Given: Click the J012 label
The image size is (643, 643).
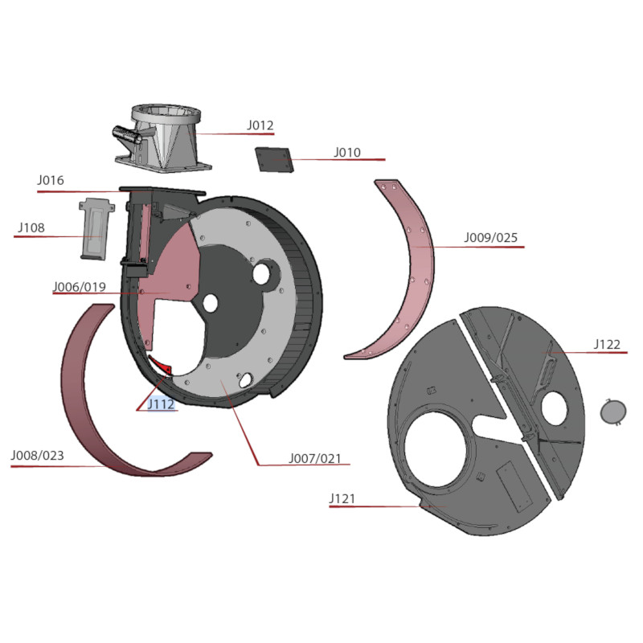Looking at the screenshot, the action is click(x=260, y=125).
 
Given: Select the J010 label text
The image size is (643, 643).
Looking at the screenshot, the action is click(x=347, y=152).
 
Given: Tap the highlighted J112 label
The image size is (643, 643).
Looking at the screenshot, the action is click(x=162, y=404).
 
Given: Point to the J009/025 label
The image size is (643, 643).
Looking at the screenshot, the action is click(x=491, y=237).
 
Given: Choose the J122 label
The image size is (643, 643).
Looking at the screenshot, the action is click(x=608, y=344).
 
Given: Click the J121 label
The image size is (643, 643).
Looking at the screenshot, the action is click(x=342, y=498).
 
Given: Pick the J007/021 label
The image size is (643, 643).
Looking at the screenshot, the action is click(x=315, y=458).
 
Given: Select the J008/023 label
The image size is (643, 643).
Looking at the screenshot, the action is click(x=37, y=455).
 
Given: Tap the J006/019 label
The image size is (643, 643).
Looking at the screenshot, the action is click(x=80, y=287).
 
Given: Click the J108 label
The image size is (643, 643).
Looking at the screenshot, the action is click(x=31, y=227).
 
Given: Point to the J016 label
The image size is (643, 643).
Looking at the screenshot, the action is click(x=51, y=180).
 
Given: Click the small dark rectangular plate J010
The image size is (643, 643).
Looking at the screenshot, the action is click(x=274, y=160).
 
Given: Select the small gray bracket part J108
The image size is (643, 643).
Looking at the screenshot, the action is click(x=96, y=229).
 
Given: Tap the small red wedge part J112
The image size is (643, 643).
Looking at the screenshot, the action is click(x=161, y=365).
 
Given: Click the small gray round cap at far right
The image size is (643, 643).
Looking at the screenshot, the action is click(x=613, y=412).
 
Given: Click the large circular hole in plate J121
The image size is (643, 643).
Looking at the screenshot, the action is click(x=435, y=449).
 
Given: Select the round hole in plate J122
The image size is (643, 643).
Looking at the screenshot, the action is click(x=554, y=408).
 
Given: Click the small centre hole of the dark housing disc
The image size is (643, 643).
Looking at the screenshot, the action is click(x=211, y=303).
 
